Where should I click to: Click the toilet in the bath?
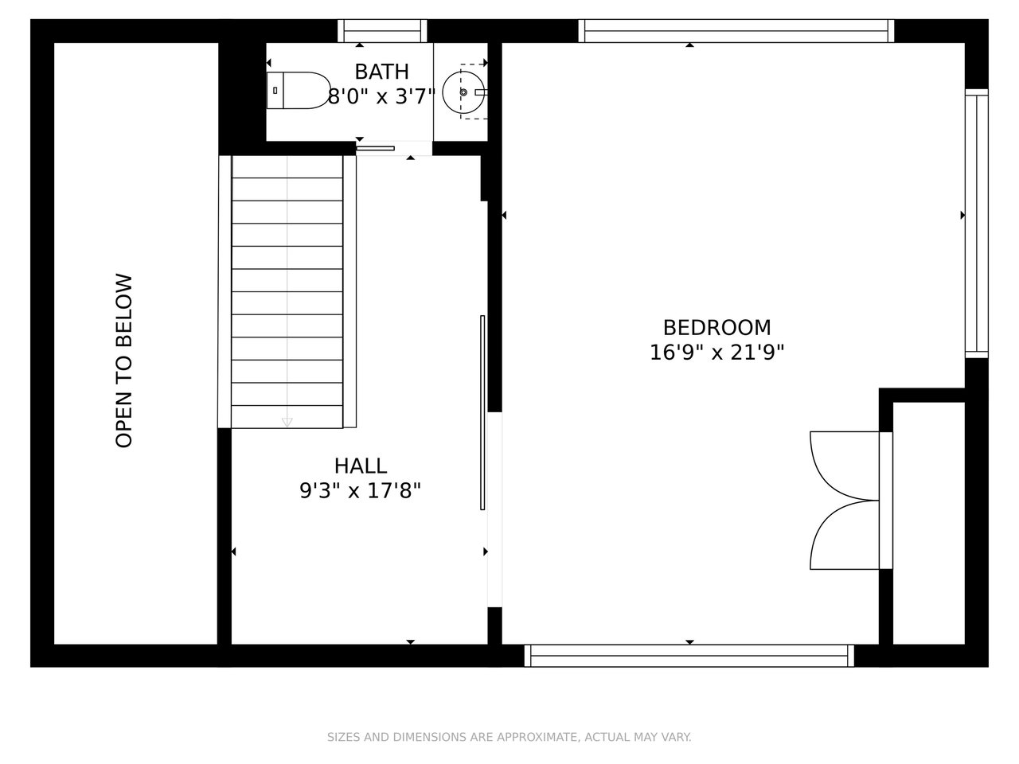coord(298,91)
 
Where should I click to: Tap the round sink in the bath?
coord(463,92)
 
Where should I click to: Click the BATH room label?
coord(381,72)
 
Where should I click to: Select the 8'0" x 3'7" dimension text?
coord(381,97)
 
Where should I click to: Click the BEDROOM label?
coord(716,328)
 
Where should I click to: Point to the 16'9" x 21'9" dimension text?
coord(716,353)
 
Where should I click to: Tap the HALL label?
coord(361,466)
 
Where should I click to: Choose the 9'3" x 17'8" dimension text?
coord(361,490)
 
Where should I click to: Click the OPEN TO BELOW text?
coord(124,361)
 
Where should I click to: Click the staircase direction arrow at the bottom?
coord(287,422)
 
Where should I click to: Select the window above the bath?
coord(382,31)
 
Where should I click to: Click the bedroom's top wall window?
coord(736,31)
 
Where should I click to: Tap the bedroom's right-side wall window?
coord(977,223)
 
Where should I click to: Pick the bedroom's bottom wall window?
coord(689,656)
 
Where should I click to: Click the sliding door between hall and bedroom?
coord(482,413)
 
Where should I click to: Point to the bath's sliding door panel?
coord(376,149)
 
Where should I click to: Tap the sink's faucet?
coord(480,92)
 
